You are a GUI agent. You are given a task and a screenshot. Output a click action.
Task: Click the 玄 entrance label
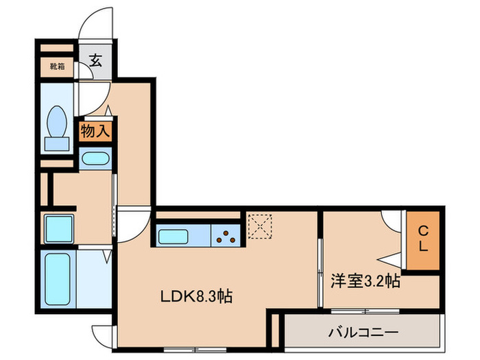tap(95, 60)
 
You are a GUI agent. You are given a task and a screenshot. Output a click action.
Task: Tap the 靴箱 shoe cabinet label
tap(57, 67)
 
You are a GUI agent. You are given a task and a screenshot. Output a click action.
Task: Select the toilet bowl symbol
tap(57, 121)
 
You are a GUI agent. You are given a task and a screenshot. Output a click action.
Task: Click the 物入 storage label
tap(95, 132)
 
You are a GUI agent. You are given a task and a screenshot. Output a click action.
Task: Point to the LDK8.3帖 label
tap(196, 296)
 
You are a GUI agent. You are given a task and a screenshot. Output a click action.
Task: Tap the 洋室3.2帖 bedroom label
tap(365, 280)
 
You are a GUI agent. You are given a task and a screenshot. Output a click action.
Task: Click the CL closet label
tap(423, 239)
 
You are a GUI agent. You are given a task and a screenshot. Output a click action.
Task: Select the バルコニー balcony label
tap(363, 332)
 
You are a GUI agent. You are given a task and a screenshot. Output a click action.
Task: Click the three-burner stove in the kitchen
tap(226, 237)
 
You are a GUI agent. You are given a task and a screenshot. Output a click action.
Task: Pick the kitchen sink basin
tap(173, 237)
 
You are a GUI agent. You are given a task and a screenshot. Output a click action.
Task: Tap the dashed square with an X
tap(260, 226)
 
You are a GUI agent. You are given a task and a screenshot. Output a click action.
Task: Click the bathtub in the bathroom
tap(58, 279)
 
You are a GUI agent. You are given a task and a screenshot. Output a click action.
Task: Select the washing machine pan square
tap(59, 229)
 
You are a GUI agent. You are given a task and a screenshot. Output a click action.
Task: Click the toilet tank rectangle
tap(57, 144)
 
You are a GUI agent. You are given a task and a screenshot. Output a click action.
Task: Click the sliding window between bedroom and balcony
tap(365, 311)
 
